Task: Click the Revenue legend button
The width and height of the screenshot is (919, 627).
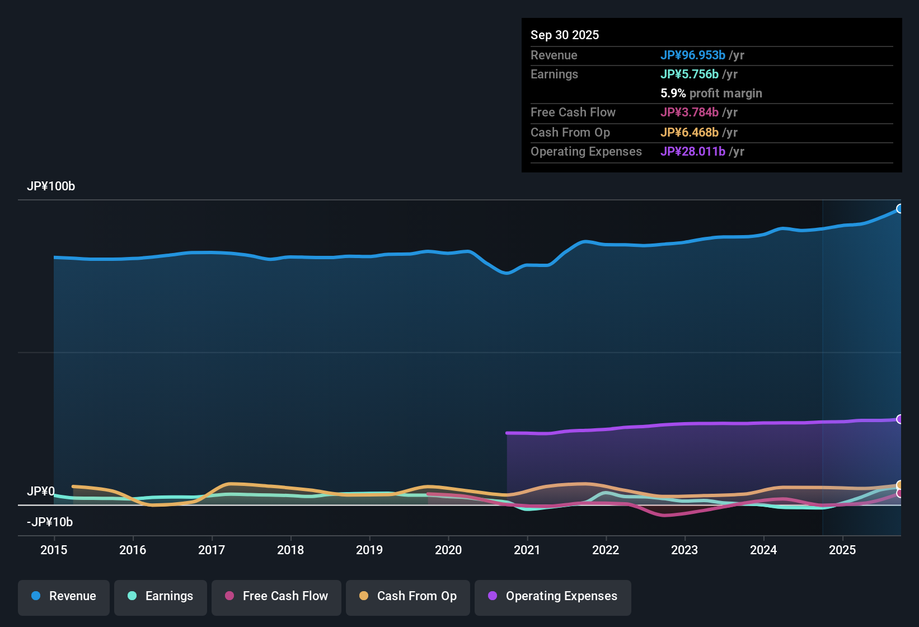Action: [64, 597]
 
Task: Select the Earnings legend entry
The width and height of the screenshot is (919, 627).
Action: [160, 597]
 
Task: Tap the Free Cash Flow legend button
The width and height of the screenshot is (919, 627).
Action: [276, 597]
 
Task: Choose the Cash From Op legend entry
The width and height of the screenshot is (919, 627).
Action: [408, 597]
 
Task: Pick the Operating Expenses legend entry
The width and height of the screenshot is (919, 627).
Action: [553, 597]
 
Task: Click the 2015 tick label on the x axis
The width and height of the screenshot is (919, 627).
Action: [54, 550]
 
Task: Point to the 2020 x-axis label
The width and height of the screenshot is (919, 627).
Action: [448, 550]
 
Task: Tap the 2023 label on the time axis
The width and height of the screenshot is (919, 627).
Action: [684, 550]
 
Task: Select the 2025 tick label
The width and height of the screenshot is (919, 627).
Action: [842, 550]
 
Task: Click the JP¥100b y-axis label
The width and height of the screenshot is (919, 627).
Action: [51, 186]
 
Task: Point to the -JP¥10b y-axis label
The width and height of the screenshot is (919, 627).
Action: [50, 522]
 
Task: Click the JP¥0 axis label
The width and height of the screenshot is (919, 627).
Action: [40, 492]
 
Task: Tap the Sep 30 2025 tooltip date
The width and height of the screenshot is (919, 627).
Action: [564, 35]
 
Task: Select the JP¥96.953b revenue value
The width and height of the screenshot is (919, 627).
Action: [692, 55]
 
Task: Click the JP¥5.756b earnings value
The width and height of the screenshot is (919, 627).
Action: [689, 74]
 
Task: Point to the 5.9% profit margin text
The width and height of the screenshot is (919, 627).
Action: [711, 93]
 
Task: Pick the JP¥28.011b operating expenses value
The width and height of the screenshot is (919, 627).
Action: [692, 152]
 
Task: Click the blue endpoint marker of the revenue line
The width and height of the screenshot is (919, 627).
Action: [899, 209]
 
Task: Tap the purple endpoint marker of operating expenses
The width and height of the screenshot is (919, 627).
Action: [899, 419]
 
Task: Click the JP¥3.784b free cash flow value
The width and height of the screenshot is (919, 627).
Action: [689, 113]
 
